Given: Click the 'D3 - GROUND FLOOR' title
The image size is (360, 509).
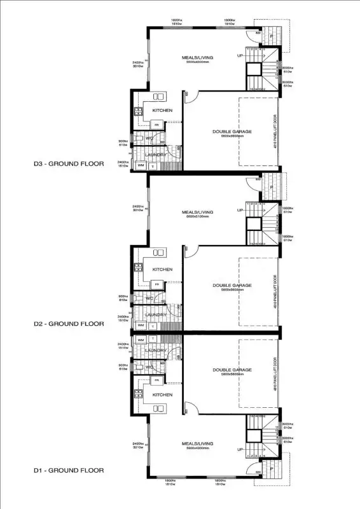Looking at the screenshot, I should [69, 164].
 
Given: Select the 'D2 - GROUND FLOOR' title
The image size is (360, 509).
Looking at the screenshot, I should [69, 323].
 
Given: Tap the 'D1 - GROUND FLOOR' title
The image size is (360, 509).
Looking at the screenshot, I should [69, 470].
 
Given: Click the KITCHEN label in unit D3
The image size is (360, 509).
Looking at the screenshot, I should [162, 111].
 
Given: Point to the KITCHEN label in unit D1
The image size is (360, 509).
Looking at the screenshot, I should [162, 394].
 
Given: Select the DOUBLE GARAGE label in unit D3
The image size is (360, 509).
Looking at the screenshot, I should [232, 132].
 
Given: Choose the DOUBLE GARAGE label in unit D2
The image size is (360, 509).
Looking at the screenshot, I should [232, 286].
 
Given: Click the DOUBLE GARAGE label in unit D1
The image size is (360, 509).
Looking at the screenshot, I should [232, 370].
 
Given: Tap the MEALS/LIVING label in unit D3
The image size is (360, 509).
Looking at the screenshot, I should [197, 58].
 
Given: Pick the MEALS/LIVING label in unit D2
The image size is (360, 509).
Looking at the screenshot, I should [197, 212].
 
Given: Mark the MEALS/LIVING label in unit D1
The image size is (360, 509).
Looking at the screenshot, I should [197, 443].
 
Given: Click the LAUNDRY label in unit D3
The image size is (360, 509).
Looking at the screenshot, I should [156, 154].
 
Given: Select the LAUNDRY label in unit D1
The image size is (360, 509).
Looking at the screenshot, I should [156, 351].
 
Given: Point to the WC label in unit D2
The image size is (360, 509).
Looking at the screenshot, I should [150, 298].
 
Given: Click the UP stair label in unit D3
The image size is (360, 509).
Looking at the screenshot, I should [240, 56].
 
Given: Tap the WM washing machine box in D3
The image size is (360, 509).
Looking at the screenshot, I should [141, 165].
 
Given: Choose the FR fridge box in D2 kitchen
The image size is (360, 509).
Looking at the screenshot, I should [156, 284].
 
